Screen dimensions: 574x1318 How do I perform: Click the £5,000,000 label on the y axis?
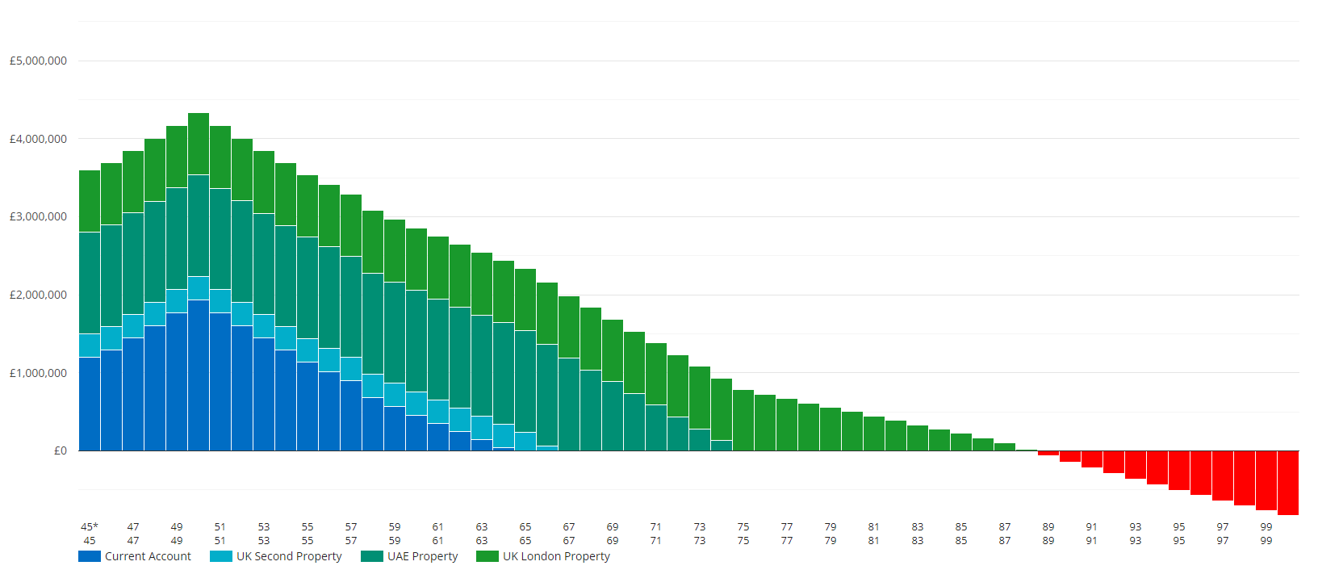point(38,61)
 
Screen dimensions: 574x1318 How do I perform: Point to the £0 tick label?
point(61,450)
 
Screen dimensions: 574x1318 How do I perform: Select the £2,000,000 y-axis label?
point(38,295)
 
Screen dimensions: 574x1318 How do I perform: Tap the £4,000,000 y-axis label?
point(38,139)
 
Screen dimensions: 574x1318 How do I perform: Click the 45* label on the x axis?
point(90,526)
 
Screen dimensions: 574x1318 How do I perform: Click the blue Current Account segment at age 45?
point(90,404)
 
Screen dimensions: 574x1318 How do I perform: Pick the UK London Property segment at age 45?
point(90,201)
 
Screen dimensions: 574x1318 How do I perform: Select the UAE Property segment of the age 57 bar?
point(351,307)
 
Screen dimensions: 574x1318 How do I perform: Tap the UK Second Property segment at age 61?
point(438,411)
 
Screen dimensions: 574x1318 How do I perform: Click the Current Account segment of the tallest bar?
point(199,375)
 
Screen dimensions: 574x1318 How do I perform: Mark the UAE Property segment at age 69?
point(613,416)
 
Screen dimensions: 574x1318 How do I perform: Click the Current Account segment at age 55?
point(308,406)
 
